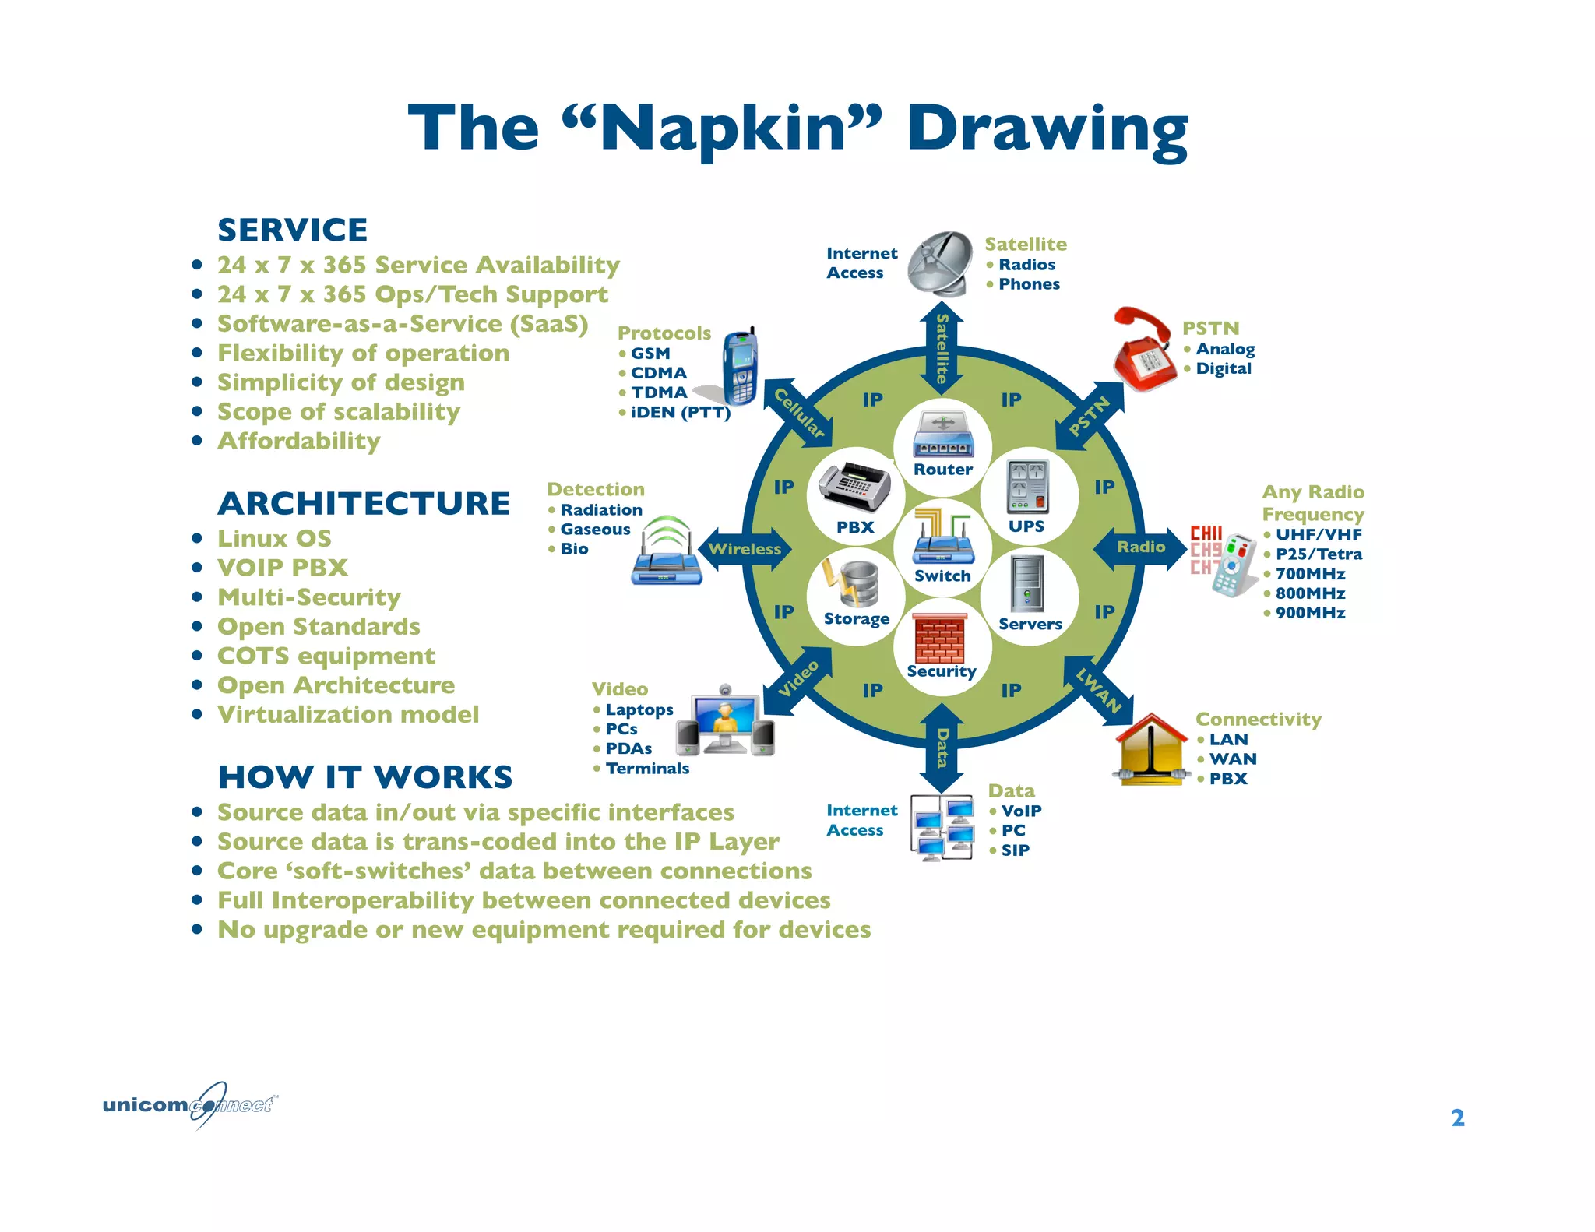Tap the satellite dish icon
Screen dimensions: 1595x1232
pyautogui.click(x=941, y=262)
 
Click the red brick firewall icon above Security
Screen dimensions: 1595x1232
pyautogui.click(x=939, y=638)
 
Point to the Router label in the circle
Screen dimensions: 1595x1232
pyautogui.click(x=942, y=470)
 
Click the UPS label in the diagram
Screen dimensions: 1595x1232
pyautogui.click(x=1026, y=526)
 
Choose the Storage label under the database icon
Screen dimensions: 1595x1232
pyautogui.click(x=856, y=619)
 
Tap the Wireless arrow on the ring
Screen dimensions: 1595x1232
pyautogui.click(x=745, y=549)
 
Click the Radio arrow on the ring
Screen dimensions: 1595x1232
pyautogui.click(x=1141, y=547)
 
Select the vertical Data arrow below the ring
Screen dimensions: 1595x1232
pyautogui.click(x=942, y=748)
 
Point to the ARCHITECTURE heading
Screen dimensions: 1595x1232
pyautogui.click(x=364, y=504)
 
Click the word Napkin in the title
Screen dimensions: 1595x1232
pyautogui.click(x=723, y=129)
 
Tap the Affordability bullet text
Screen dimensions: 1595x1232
pyautogui.click(x=298, y=442)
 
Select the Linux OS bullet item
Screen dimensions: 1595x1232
pyautogui.click(x=274, y=539)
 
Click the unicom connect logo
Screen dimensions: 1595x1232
pyautogui.click(x=190, y=1104)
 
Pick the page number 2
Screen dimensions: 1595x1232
pyautogui.click(x=1457, y=1118)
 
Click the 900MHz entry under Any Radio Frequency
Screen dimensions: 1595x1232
pyautogui.click(x=1310, y=613)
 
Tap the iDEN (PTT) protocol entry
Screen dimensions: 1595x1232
pyautogui.click(x=680, y=413)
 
